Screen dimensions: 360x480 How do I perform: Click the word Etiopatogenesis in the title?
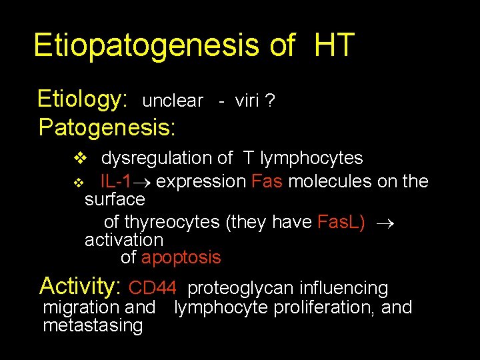[145, 45]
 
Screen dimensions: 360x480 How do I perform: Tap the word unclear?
[173, 101]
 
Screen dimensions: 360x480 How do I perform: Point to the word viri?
[248, 101]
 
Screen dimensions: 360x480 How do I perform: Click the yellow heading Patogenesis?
[107, 127]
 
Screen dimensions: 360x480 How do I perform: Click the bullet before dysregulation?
[79, 159]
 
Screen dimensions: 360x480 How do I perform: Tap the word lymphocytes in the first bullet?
[311, 159]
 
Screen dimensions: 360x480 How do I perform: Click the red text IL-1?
[115, 181]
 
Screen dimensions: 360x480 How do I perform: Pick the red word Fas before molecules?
[267, 181]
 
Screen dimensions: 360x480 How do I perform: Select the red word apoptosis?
[181, 257]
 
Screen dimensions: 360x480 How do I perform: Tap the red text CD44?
[152, 288]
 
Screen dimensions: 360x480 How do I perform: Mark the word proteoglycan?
[241, 288]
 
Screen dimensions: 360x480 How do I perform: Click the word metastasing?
[93, 325]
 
